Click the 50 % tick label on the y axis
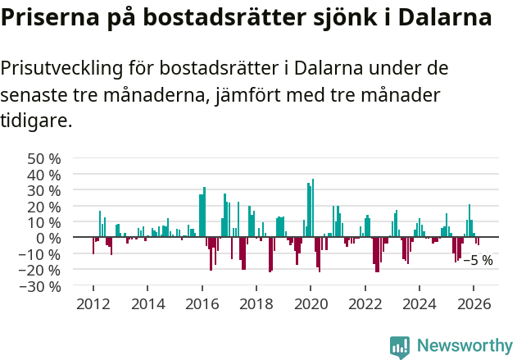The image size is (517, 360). (43, 158)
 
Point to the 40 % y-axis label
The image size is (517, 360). (43, 175)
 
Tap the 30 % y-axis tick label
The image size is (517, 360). (43, 190)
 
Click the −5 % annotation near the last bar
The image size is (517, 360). (478, 261)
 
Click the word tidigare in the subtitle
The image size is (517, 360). (36, 121)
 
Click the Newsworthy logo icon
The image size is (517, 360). (400, 347)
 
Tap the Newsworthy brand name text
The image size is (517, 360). (464, 347)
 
